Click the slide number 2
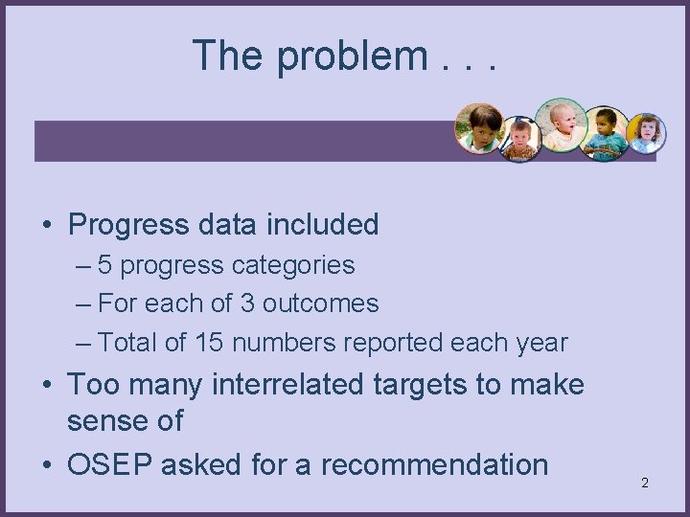[644, 483]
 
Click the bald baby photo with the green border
[561, 124]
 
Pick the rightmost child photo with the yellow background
[646, 133]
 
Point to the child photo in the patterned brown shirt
[520, 140]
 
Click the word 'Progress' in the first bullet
[128, 225]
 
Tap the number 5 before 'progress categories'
[105, 265]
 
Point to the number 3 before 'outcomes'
[247, 303]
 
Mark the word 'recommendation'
[434, 465]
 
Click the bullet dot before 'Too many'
[47, 386]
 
